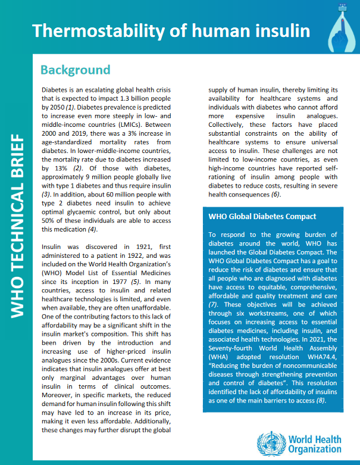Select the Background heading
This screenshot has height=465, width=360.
click(x=75, y=70)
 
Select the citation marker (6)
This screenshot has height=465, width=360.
click(x=276, y=194)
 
